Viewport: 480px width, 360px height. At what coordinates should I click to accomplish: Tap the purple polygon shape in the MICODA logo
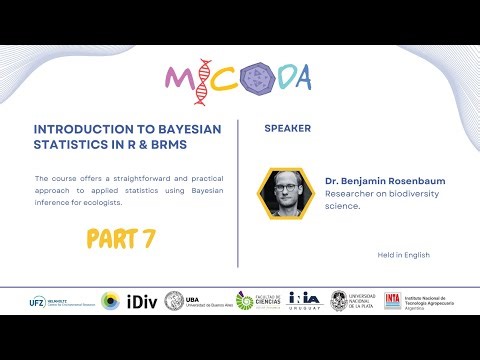pos(257,78)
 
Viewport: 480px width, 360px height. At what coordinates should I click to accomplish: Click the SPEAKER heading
pos(288,129)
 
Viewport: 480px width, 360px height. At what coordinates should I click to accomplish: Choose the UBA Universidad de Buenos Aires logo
pos(195,301)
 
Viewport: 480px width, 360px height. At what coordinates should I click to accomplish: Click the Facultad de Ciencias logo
pos(256,301)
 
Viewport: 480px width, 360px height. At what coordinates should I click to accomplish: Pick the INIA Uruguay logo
pos(304,300)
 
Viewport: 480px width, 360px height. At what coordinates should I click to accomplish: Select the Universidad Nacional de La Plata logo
pos(354,301)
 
